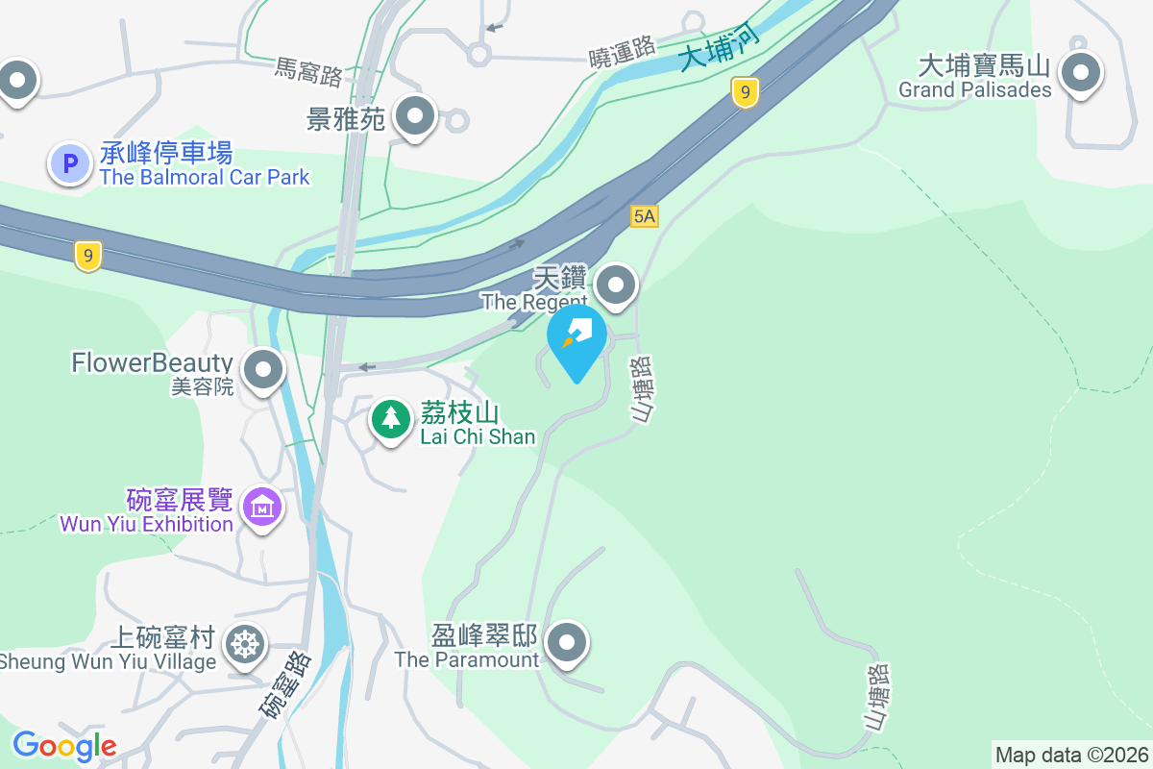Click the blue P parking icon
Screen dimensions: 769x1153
pos(69,164)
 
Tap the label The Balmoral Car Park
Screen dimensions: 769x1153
pos(205,177)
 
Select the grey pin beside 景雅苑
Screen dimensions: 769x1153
pos(415,116)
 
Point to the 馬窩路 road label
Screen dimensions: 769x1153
pos(308,69)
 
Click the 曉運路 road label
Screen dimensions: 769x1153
pos(623,48)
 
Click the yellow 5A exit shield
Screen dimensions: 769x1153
pos(645,217)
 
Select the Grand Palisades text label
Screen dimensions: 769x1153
pos(975,90)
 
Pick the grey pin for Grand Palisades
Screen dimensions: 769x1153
pos(1081,73)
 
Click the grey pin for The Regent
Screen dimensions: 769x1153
pos(616,285)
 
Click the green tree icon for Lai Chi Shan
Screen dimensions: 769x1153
pos(390,419)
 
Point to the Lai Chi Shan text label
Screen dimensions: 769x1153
pos(478,436)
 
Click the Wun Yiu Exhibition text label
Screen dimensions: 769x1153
pos(146,524)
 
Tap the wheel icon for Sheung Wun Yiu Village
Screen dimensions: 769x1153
pos(245,645)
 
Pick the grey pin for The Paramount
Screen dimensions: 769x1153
pos(567,642)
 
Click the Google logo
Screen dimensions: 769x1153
pos(64,745)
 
